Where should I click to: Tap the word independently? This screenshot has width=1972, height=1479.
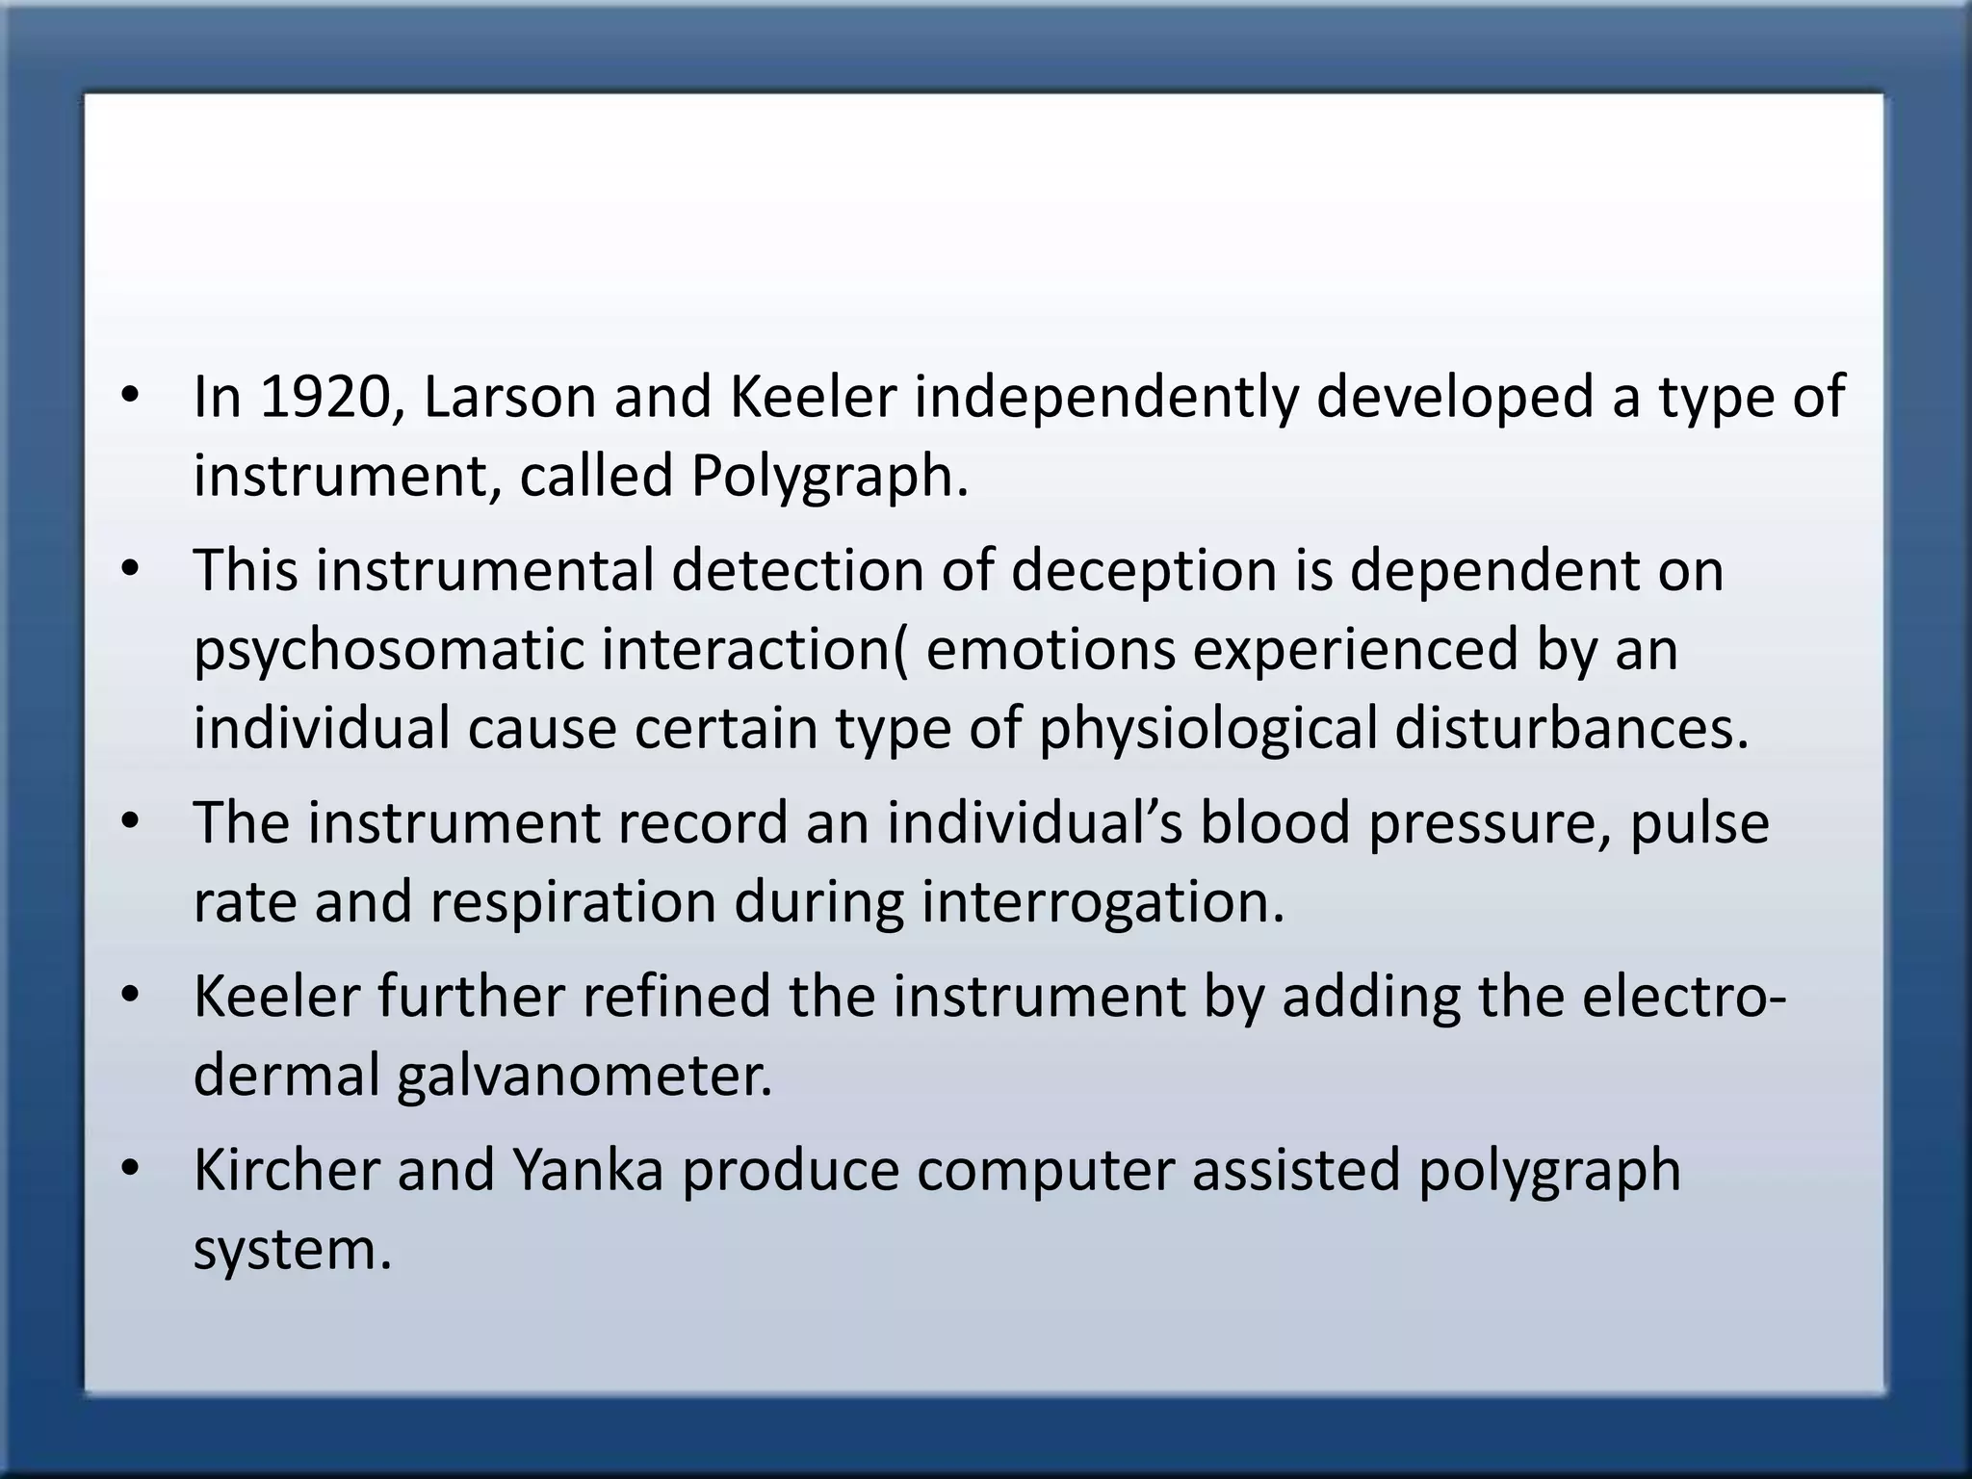(x=1104, y=397)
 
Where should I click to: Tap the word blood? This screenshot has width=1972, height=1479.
(x=1274, y=823)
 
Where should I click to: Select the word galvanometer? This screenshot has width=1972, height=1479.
(x=584, y=1076)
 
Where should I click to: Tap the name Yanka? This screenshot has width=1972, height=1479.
(x=587, y=1170)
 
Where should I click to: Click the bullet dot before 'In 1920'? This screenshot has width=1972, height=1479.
(x=131, y=397)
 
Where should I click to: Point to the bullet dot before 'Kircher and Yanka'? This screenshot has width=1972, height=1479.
(x=131, y=1170)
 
